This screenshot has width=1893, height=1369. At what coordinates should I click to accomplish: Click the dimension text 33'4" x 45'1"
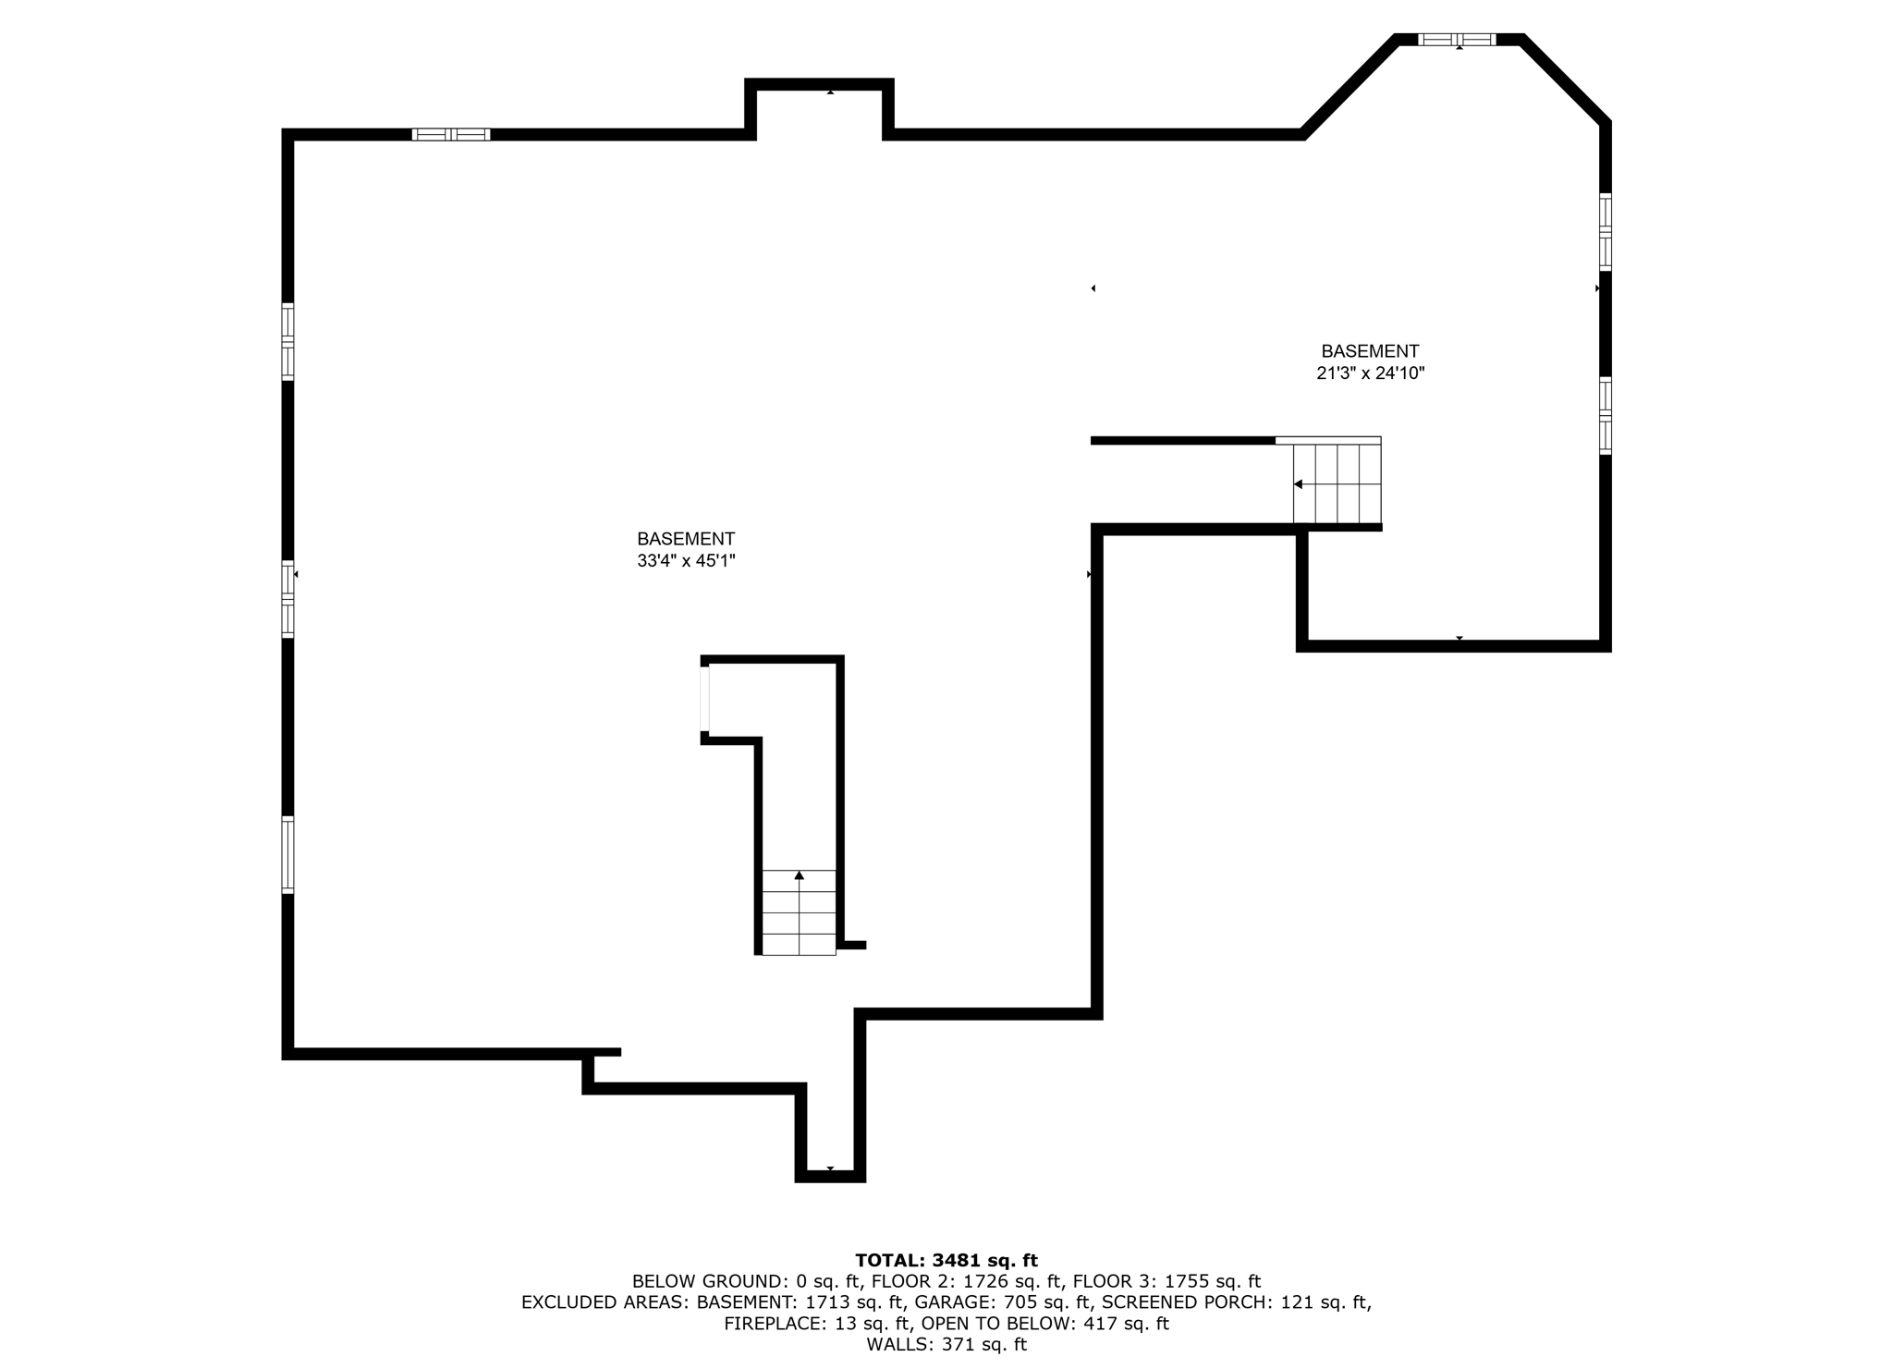[686, 561]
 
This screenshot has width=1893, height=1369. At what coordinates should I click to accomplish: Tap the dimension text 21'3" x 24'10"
[1370, 373]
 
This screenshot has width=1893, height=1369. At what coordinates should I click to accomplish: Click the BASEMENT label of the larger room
[686, 539]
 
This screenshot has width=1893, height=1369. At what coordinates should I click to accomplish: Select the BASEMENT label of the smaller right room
[1370, 351]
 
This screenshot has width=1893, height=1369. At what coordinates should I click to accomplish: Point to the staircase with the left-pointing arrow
[1337, 483]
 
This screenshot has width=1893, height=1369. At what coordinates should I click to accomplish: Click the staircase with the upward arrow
[799, 912]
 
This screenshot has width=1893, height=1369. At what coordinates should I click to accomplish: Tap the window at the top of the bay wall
[1457, 39]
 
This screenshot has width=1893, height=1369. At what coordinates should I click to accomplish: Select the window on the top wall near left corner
[450, 135]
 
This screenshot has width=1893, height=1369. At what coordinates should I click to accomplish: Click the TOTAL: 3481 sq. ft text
[946, 1260]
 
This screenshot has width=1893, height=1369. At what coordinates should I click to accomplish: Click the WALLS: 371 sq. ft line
[946, 1345]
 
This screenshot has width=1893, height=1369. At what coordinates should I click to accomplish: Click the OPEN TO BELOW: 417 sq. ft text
[1044, 1324]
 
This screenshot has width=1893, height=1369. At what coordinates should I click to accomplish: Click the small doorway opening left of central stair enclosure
[704, 699]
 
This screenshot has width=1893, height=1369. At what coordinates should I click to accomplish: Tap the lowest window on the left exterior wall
[287, 855]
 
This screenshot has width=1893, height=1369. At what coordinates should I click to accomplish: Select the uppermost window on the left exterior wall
[287, 342]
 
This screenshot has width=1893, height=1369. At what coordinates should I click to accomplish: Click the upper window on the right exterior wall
[1606, 231]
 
